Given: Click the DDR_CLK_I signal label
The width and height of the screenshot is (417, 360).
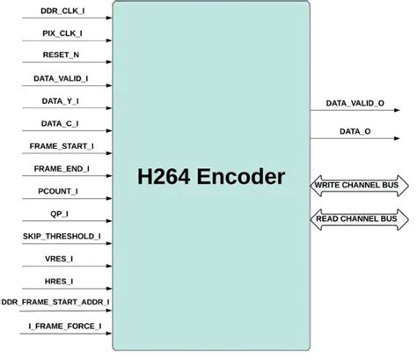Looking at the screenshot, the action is (62, 11).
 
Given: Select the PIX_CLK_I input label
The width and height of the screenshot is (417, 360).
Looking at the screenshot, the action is (62, 33).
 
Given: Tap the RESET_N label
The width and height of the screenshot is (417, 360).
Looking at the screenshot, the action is (61, 55).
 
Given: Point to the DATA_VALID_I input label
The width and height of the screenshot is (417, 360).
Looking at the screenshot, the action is (61, 78).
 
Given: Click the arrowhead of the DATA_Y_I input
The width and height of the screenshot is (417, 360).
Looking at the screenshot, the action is (109, 108).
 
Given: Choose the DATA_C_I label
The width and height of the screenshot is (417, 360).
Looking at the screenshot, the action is (60, 123).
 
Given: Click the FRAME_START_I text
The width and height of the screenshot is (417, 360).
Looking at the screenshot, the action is (62, 146).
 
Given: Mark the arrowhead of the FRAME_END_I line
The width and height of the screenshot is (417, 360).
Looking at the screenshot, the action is (109, 176).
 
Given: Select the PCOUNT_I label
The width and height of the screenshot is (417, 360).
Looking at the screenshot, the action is (58, 191).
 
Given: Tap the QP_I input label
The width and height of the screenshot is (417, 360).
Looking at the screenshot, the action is (60, 214).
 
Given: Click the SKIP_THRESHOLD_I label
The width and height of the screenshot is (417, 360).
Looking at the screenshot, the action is (62, 237).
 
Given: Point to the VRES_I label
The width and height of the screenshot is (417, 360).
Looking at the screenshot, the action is (59, 259).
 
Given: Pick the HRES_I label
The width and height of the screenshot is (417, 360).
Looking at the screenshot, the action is (59, 282).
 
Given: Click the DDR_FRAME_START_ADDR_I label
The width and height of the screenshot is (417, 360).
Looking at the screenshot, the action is (55, 302).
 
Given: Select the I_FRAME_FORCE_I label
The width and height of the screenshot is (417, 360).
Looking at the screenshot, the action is (65, 326).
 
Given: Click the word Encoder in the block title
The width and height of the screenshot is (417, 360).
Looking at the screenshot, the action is (241, 177).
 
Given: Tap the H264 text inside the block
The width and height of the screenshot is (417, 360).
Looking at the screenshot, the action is (164, 177).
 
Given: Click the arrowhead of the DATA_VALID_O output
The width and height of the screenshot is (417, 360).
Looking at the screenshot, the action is (397, 110).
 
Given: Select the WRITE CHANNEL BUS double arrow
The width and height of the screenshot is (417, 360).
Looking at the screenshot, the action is (359, 186).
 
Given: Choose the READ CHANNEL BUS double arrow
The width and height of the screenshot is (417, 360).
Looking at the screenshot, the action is (359, 219).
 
